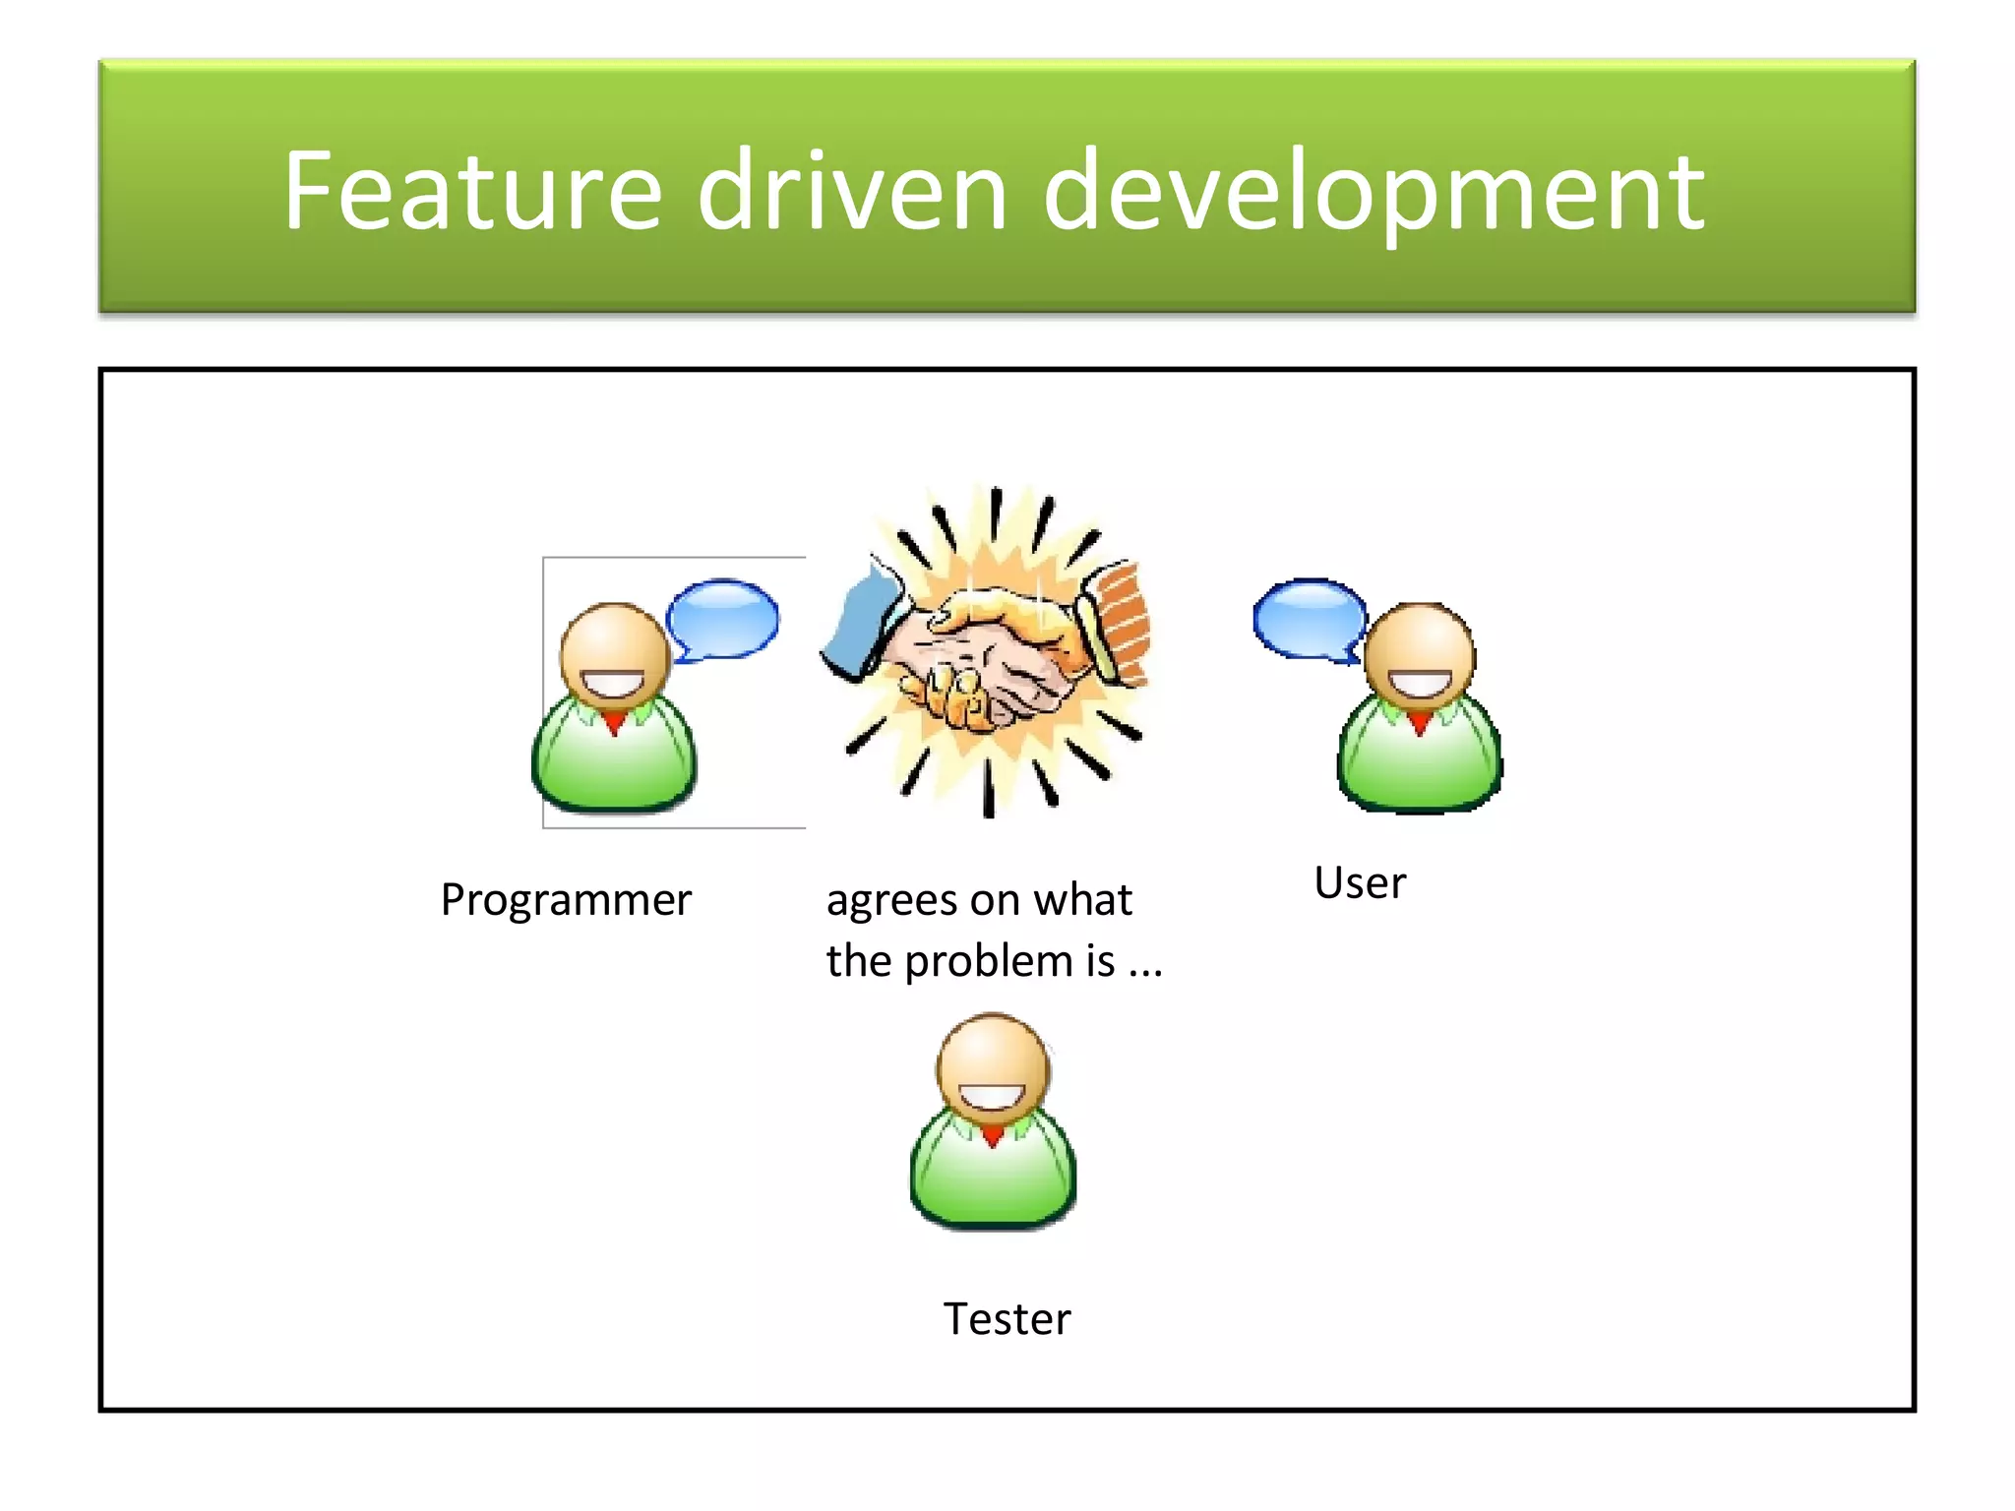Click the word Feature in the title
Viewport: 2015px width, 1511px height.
(472, 192)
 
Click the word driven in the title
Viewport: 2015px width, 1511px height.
(852, 192)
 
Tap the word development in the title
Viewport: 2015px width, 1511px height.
(1373, 192)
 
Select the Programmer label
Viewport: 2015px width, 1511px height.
(566, 900)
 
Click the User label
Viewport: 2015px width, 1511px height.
(1360, 882)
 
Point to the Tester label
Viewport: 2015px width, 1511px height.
(1007, 1319)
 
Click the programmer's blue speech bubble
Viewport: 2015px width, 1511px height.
(723, 618)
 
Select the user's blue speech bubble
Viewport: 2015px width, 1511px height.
(1309, 618)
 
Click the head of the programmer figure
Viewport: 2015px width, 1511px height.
(615, 654)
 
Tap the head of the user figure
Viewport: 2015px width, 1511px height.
(1420, 654)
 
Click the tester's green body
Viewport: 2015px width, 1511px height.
(993, 1180)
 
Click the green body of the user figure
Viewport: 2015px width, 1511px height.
(1419, 767)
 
